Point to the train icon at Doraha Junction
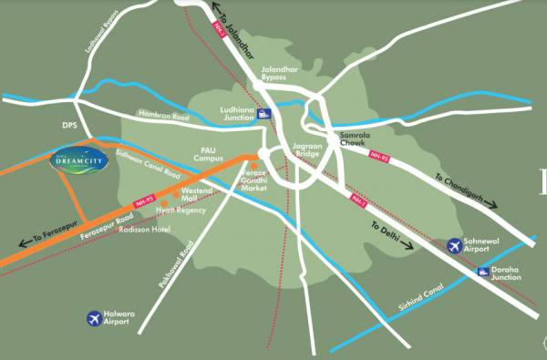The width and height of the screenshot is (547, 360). [x=484, y=273]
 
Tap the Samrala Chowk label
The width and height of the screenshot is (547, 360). [x=354, y=139]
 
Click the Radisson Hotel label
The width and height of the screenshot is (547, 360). [x=148, y=230]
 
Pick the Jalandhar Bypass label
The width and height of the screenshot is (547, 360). [x=273, y=73]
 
